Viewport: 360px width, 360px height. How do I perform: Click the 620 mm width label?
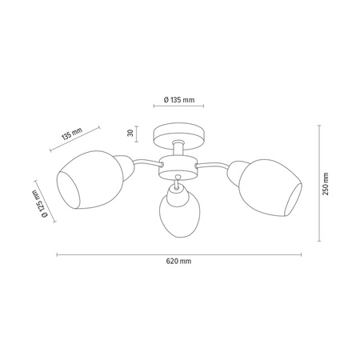pos(178,261)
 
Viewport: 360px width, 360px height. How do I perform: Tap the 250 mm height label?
pos(326,184)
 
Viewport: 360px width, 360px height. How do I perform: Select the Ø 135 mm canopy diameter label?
pos(179,100)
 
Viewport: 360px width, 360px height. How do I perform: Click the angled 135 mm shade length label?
pos(72,134)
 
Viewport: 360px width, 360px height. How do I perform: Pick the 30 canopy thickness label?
pos(130,133)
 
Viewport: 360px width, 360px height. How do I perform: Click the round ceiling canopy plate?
pos(179,135)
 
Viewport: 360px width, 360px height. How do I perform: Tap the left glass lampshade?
pos(90,180)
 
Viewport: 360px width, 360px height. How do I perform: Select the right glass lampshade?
pos(270,188)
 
